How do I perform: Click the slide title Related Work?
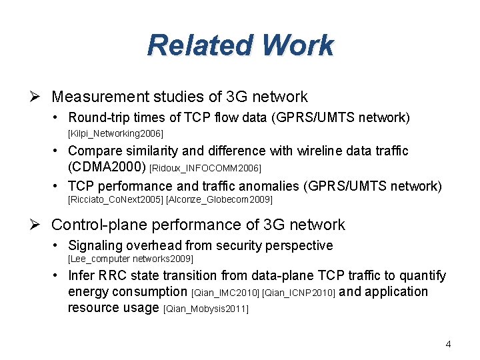click(240, 46)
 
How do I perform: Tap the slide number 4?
click(448, 345)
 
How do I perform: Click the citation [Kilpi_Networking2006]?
click(115, 133)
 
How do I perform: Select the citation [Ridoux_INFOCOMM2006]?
click(206, 167)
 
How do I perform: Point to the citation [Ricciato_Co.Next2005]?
click(115, 199)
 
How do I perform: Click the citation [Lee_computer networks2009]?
click(131, 258)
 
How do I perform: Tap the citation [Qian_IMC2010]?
click(225, 293)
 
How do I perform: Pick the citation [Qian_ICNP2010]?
click(299, 293)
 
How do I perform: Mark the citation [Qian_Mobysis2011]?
click(205, 309)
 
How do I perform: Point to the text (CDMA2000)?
click(108, 166)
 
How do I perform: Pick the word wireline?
click(305, 151)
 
